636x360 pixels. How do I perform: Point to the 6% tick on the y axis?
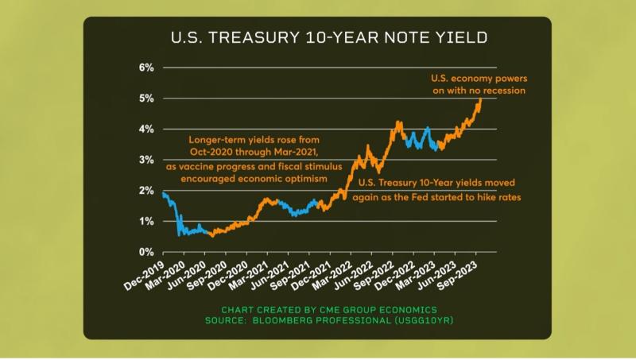click(x=146, y=68)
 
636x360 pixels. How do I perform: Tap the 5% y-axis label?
click(x=146, y=99)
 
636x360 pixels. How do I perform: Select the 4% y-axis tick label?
click(x=146, y=130)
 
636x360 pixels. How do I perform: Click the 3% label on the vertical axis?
click(x=146, y=161)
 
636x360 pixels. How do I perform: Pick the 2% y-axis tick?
click(x=146, y=191)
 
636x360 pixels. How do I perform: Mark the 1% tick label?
click(x=146, y=222)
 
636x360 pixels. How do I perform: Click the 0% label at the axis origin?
click(x=146, y=253)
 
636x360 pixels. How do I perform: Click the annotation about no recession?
click(x=478, y=85)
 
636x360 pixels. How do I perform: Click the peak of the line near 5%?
click(x=480, y=99)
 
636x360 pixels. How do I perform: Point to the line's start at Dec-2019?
click(x=162, y=193)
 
